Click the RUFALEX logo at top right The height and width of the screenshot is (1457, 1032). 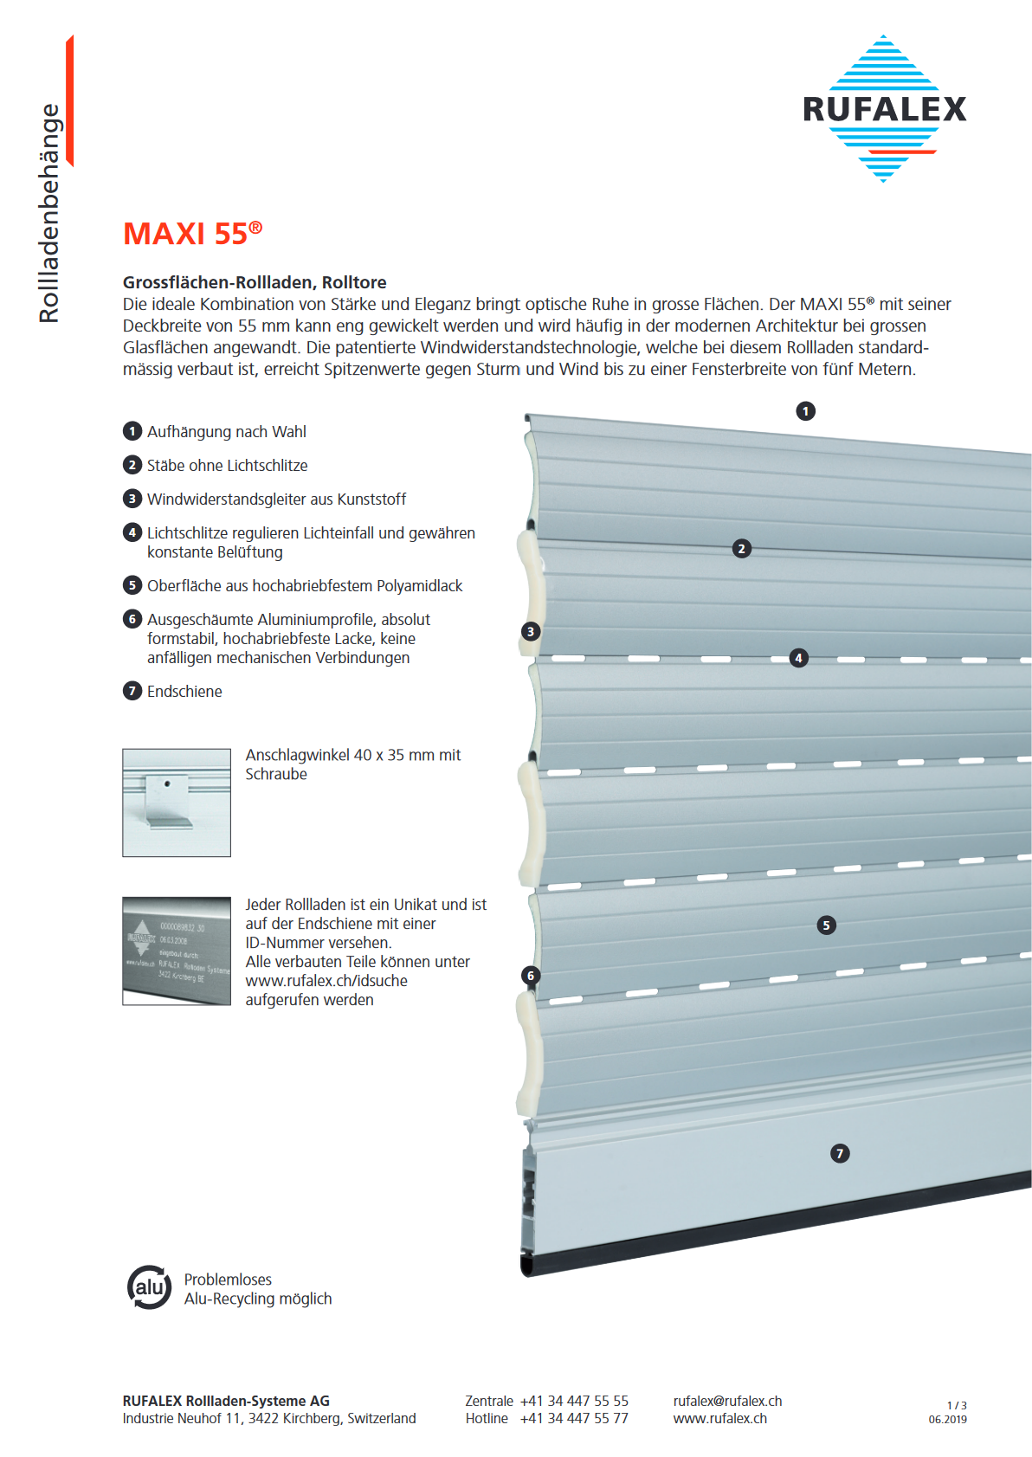[884, 109]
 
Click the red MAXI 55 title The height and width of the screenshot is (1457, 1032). [192, 234]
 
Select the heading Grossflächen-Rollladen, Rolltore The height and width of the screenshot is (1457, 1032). [255, 282]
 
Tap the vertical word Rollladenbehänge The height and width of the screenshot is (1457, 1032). [49, 213]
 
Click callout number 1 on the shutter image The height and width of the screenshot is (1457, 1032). [805, 411]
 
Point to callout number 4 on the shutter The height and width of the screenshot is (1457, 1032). [798, 658]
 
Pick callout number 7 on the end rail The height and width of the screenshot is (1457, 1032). [839, 1153]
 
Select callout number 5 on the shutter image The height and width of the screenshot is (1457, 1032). [826, 925]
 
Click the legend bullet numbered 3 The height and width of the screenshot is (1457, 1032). [132, 499]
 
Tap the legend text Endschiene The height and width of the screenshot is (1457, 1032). [184, 692]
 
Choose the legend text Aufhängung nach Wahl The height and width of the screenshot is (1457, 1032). [226, 432]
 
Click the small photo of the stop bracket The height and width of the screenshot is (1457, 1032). [177, 803]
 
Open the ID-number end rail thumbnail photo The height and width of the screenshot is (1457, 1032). [177, 951]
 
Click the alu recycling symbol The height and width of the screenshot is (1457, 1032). [149, 1287]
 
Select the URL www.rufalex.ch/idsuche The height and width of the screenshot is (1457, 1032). [326, 981]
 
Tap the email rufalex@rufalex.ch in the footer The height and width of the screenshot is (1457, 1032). [727, 1401]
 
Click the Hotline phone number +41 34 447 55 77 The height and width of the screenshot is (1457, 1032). [574, 1418]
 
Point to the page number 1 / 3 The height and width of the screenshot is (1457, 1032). [957, 1405]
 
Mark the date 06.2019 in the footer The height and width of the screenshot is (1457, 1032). [948, 1420]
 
